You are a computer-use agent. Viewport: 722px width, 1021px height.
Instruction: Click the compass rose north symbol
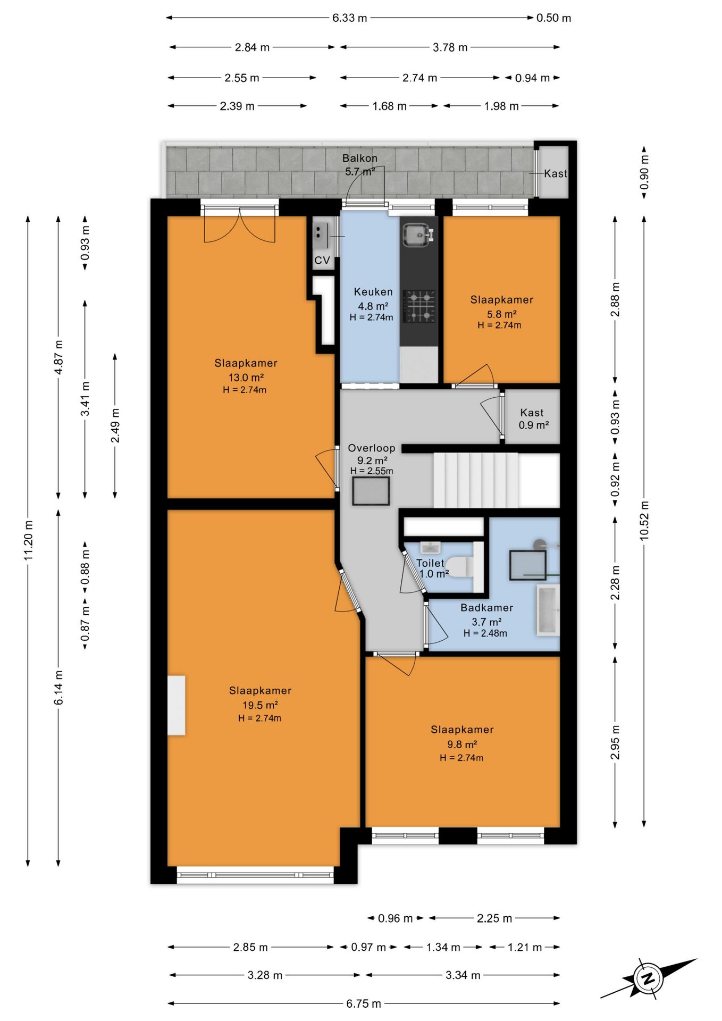coord(648,978)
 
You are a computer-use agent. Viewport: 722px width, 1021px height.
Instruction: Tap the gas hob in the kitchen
coord(419,306)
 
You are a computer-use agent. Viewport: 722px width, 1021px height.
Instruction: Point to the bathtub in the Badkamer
coord(548,610)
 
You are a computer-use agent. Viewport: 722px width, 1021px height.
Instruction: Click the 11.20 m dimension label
coord(29,540)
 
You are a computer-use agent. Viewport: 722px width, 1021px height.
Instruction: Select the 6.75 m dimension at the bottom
coord(364,1003)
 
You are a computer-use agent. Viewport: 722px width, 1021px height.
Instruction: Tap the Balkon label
coord(360,158)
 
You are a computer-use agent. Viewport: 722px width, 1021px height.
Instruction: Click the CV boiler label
coord(322,260)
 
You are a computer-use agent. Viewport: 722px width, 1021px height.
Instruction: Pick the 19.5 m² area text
coord(260,705)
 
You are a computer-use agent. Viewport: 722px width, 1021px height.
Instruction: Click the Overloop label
coord(372,448)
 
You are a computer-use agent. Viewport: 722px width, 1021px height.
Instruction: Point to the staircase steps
coord(476,480)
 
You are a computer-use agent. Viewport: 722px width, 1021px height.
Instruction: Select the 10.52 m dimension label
coord(644,521)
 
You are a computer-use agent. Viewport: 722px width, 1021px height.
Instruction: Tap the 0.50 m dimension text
coord(553,18)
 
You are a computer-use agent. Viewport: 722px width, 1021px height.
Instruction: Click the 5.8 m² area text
coord(501,314)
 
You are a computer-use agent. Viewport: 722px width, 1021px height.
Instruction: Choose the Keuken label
coord(373,291)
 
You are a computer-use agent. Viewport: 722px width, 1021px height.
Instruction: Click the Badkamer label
coord(486,607)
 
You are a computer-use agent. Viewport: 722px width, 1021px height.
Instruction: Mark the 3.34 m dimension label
coord(463,975)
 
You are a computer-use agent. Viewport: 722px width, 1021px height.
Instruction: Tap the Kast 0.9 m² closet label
coord(533,419)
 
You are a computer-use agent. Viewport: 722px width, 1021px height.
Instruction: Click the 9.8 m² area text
coord(461,744)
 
